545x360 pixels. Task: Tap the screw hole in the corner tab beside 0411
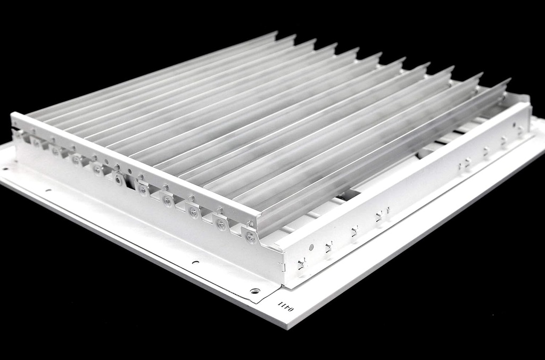coord(254,291)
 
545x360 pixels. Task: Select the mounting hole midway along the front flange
coord(195,262)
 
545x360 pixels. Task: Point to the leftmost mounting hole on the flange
coord(6,169)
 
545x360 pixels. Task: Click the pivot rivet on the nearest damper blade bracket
coord(251,237)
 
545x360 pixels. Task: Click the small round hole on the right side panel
coord(311,247)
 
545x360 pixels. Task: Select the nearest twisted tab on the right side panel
coord(302,263)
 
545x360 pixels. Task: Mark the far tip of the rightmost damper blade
coord(508,80)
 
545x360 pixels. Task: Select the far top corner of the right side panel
coord(529,104)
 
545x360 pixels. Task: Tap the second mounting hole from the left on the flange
coord(48,189)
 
